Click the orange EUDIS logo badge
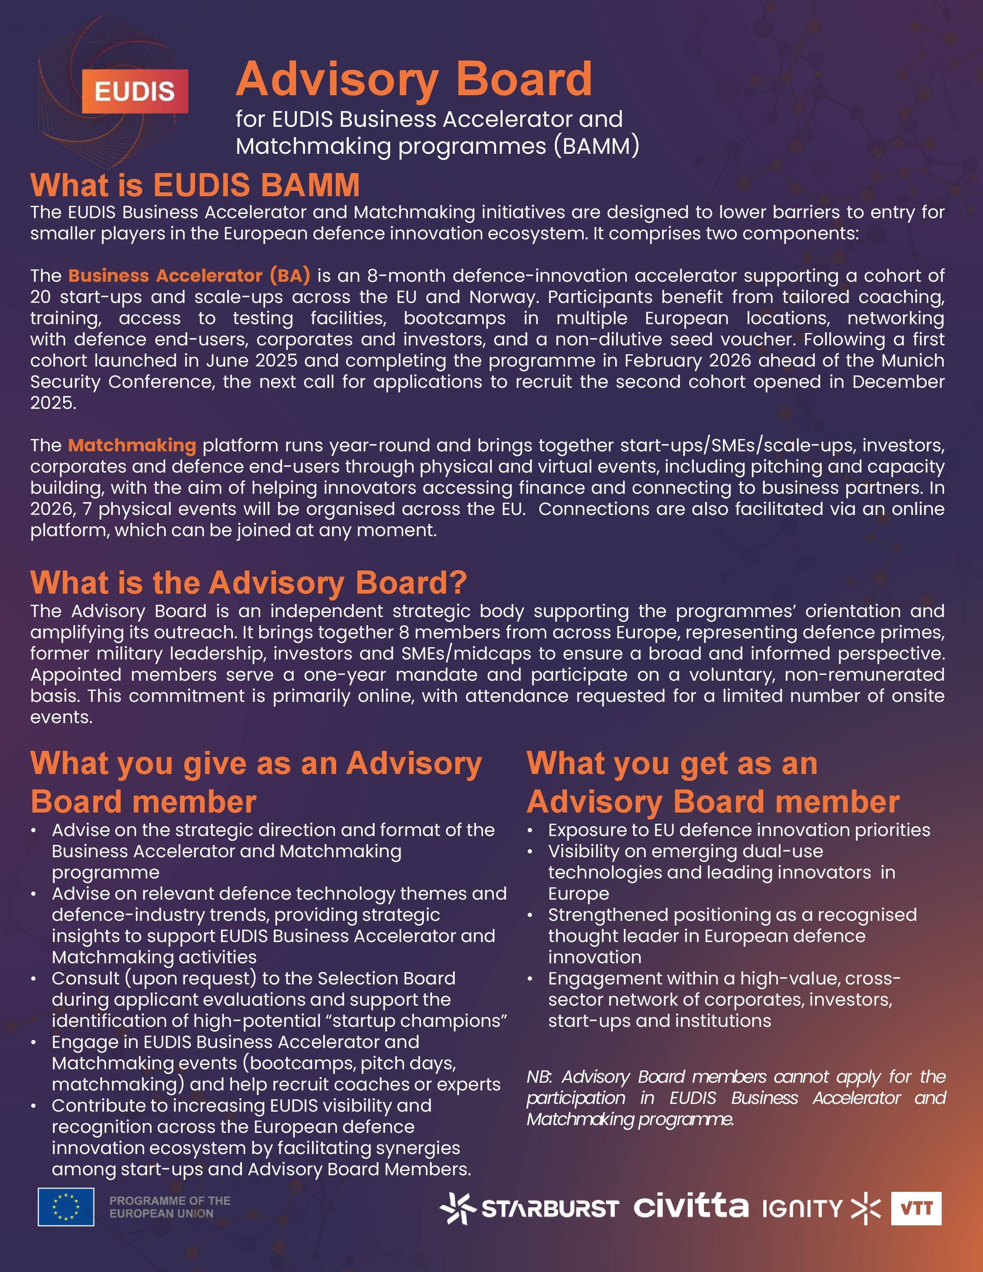135,91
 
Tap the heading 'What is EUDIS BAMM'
195,185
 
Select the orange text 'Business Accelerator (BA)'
189,276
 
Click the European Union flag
66,1206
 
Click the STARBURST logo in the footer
529,1207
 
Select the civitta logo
691,1206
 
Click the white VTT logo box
916,1208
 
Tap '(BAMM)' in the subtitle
596,146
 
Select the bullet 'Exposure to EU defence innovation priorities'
739,830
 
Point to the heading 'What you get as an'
672,764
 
